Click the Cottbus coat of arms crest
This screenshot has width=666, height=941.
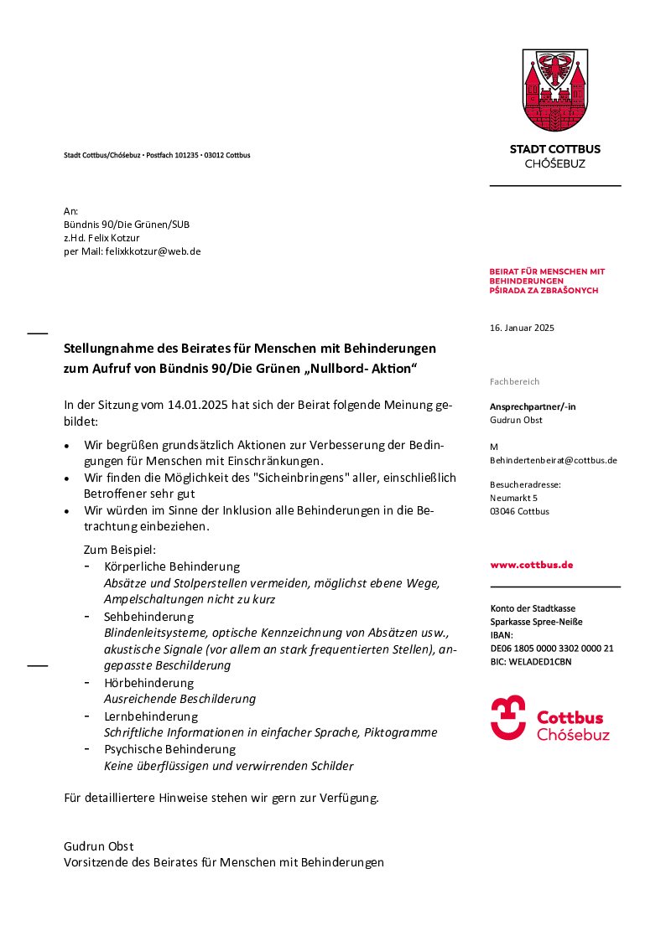554,90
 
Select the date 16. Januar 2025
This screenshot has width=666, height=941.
522,328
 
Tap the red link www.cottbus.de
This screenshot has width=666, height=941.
532,565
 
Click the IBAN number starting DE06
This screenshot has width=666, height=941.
552,649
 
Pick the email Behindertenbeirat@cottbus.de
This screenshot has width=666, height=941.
554,460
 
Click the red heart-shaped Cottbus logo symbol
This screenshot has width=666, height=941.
508,718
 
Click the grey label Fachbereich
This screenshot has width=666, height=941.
515,381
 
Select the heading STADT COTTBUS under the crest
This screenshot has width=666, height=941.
555,149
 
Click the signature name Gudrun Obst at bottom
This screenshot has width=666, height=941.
98,846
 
